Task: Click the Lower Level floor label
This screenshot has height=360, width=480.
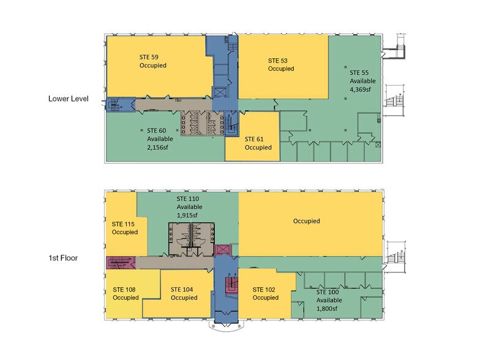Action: pyautogui.click(x=69, y=99)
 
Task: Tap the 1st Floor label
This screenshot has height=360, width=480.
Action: pyautogui.click(x=63, y=258)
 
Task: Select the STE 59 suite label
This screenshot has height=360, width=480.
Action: pyautogui.click(x=149, y=57)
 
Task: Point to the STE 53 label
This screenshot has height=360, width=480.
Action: pyautogui.click(x=278, y=61)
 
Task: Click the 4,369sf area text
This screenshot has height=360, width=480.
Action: pyautogui.click(x=361, y=89)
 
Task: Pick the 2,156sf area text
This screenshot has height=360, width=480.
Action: pyautogui.click(x=158, y=147)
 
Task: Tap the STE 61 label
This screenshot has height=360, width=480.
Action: pyautogui.click(x=254, y=140)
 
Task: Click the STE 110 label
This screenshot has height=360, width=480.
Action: pyautogui.click(x=187, y=198)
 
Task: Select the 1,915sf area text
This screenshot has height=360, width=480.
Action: pyautogui.click(x=187, y=216)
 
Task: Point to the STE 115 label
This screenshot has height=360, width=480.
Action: pyautogui.click(x=123, y=224)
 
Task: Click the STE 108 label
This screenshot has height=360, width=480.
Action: pyautogui.click(x=124, y=290)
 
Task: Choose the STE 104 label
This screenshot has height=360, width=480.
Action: pyautogui.click(x=182, y=290)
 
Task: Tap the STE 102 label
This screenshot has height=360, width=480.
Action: pyautogui.click(x=264, y=290)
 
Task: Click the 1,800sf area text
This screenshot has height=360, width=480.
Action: pyautogui.click(x=327, y=309)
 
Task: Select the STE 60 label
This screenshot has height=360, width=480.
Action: pyautogui.click(x=157, y=131)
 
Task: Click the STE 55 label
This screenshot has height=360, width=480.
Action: pyautogui.click(x=359, y=73)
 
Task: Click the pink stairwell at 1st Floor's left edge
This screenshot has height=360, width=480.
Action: pyautogui.click(x=121, y=263)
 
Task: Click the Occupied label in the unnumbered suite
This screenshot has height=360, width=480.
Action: pyautogui.click(x=306, y=221)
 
